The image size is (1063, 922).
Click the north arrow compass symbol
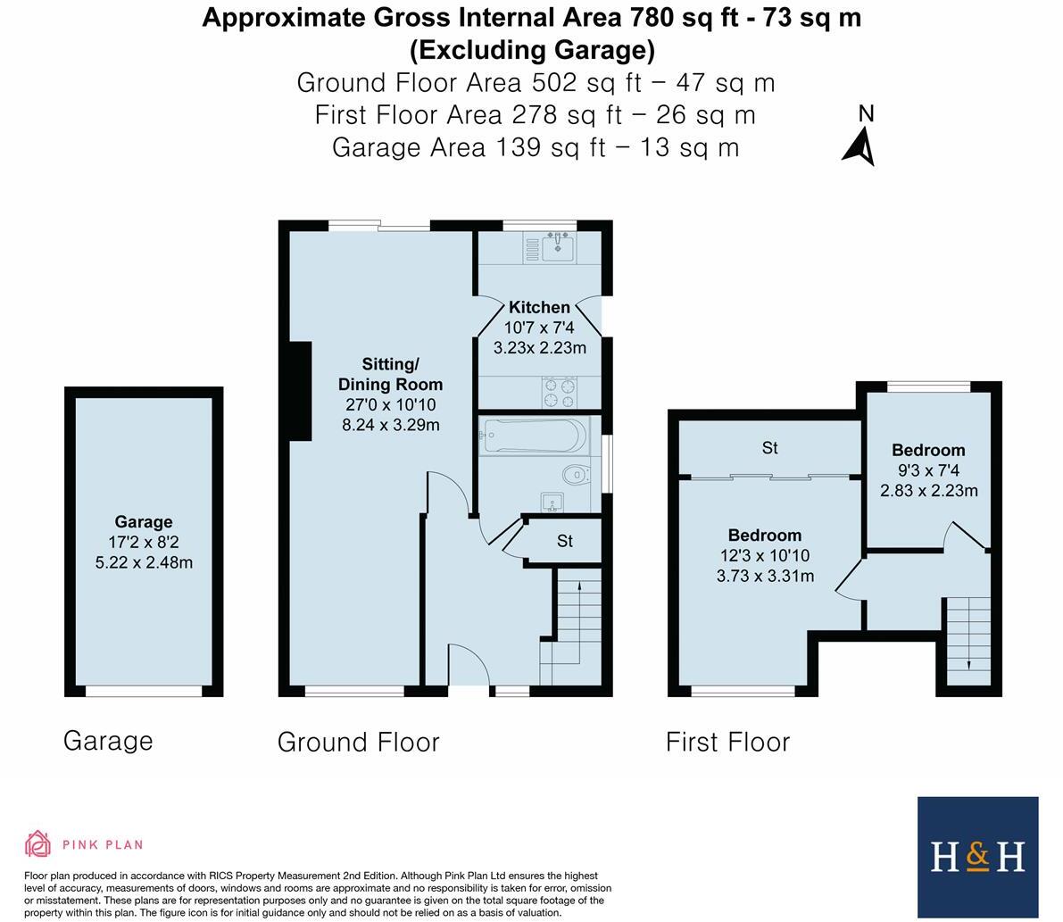point(860,146)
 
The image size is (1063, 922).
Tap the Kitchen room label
point(539,307)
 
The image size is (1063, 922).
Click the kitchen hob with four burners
point(559,392)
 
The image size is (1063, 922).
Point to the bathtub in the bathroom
point(533,436)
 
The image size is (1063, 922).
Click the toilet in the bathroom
point(576,473)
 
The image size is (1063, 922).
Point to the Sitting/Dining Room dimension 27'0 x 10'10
point(390,405)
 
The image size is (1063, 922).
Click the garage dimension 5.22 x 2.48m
point(144,562)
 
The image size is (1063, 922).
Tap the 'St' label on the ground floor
point(564,541)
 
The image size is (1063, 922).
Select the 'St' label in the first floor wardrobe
point(769,448)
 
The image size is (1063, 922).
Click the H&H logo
point(977,857)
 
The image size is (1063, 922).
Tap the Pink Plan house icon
point(37,843)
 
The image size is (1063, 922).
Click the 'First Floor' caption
point(727,742)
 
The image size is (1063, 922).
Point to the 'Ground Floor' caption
point(358,742)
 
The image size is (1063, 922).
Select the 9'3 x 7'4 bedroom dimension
point(928,470)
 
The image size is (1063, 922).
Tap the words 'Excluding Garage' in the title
point(532,49)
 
